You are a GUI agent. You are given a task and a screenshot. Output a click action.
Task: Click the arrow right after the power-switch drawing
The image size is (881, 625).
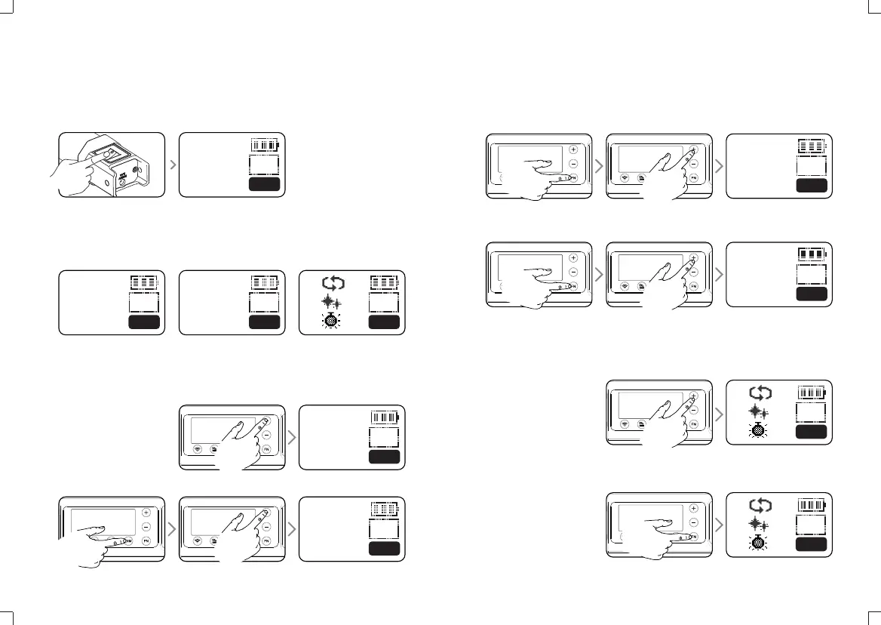click(172, 165)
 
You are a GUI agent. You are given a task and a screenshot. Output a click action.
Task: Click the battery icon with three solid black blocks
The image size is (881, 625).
click(812, 255)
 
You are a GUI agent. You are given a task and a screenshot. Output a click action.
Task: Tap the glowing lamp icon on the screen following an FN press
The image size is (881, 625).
click(761, 542)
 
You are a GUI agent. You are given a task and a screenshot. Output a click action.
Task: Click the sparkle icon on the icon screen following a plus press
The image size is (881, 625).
click(761, 411)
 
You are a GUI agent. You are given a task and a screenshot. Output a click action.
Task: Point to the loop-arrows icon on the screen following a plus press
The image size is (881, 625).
click(761, 392)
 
